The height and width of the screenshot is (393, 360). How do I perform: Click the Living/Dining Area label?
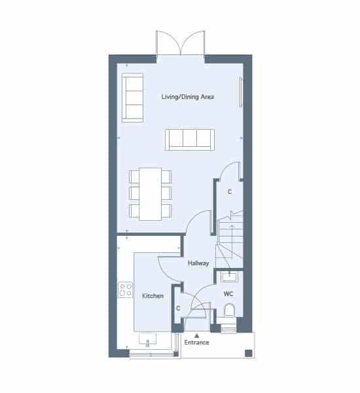pos(188,97)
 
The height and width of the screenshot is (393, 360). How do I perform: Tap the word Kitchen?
pos(153,296)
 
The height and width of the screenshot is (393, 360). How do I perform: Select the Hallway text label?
pos(198,263)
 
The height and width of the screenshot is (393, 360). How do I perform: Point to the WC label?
pos(228,293)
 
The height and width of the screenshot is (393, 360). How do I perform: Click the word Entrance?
pos(196,343)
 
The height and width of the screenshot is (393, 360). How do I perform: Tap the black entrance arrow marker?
pos(197,335)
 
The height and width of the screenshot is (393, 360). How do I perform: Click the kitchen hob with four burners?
pos(126,290)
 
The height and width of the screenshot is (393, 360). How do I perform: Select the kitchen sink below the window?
pos(148,339)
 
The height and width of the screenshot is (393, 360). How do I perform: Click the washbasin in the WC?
pos(229,276)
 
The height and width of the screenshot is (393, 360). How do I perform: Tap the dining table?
pos(151,194)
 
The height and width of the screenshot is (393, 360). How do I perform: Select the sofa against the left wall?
pos(132,98)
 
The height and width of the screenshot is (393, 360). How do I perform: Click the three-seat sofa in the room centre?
pos(190,140)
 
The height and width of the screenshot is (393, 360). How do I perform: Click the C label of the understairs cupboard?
pos(230,192)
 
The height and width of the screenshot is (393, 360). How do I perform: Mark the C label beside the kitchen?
pos(178,309)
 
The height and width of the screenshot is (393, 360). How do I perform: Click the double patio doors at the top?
pos(181,43)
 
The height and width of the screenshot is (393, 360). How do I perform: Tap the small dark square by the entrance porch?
pos(248,354)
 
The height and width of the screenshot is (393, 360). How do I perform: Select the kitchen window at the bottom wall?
pos(151,354)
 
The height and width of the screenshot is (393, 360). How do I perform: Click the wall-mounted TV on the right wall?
pos(240,92)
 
